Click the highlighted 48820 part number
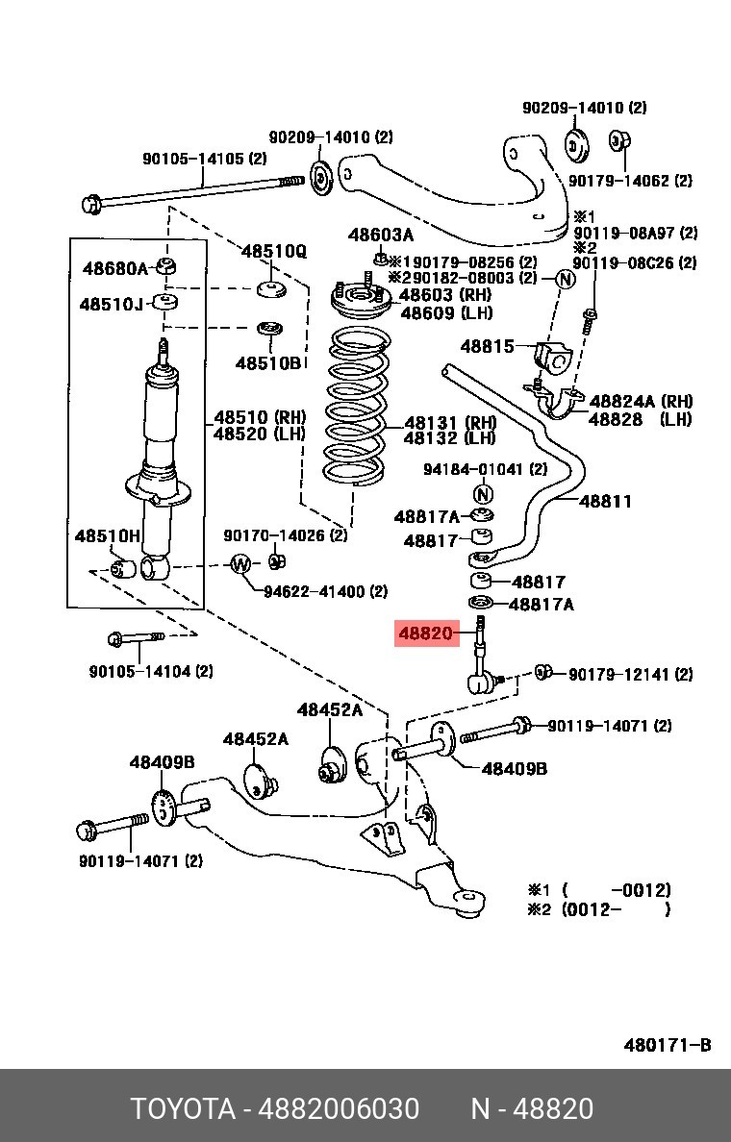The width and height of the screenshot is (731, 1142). (426, 633)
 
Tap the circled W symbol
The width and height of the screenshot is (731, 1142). (241, 564)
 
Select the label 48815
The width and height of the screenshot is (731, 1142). (487, 347)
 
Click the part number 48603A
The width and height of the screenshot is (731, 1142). (381, 235)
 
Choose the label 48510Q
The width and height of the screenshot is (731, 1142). (274, 251)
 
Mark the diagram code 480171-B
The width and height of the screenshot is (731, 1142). (667, 1046)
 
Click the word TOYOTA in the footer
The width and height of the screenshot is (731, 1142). (183, 1109)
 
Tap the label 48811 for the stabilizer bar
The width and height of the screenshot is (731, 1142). (605, 501)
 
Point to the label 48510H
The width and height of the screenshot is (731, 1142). (107, 536)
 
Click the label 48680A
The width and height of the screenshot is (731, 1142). (115, 269)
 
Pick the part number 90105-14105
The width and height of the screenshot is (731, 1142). (194, 158)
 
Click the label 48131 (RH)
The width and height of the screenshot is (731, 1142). (450, 423)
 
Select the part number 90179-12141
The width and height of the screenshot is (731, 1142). (619, 675)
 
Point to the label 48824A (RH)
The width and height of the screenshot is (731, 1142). (641, 401)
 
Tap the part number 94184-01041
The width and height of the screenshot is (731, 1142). (475, 469)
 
